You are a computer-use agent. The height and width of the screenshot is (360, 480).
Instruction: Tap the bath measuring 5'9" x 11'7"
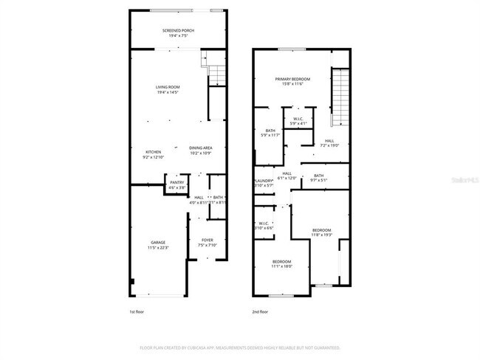click(270, 133)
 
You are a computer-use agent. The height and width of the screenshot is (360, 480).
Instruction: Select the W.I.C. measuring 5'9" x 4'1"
click(298, 121)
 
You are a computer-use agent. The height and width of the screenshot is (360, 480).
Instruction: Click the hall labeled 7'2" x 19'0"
click(329, 143)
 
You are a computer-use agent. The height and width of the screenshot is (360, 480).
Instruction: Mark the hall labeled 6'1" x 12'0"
click(287, 176)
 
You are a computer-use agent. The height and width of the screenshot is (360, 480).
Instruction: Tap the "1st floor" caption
click(137, 312)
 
